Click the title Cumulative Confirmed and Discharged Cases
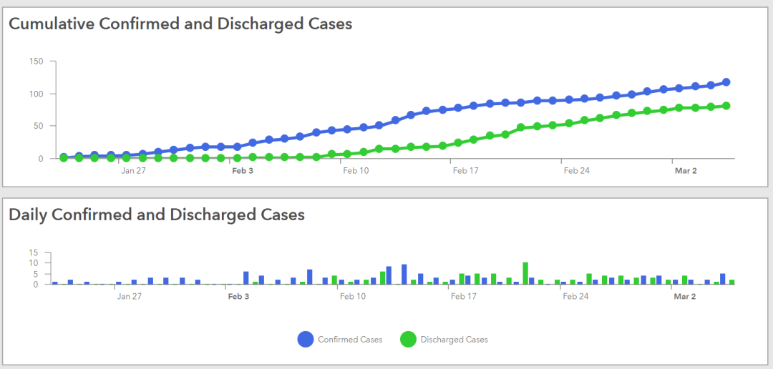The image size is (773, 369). coord(180,24)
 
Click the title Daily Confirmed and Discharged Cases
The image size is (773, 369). coord(157,215)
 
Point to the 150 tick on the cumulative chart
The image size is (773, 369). coord(37,62)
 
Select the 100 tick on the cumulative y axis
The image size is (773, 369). coord(37,94)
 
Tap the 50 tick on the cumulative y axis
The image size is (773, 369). coord(39,126)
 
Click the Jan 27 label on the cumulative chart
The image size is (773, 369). coord(133,171)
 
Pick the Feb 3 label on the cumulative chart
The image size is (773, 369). coord(243,171)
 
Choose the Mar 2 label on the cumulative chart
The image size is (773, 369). coord(686,171)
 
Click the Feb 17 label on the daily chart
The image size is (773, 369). coord(464,296)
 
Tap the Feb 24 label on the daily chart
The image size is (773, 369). coord(575,296)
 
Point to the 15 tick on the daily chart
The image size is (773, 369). coord(33,252)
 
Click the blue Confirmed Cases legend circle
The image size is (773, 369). coord(306,340)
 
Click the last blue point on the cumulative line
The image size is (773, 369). coord(726,82)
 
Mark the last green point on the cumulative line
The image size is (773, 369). coord(726,106)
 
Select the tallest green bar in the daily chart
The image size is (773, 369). coord(525,273)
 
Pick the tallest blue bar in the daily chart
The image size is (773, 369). coord(404,275)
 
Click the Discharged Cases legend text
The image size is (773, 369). coord(454,340)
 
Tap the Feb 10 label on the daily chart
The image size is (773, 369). coord(354,296)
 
